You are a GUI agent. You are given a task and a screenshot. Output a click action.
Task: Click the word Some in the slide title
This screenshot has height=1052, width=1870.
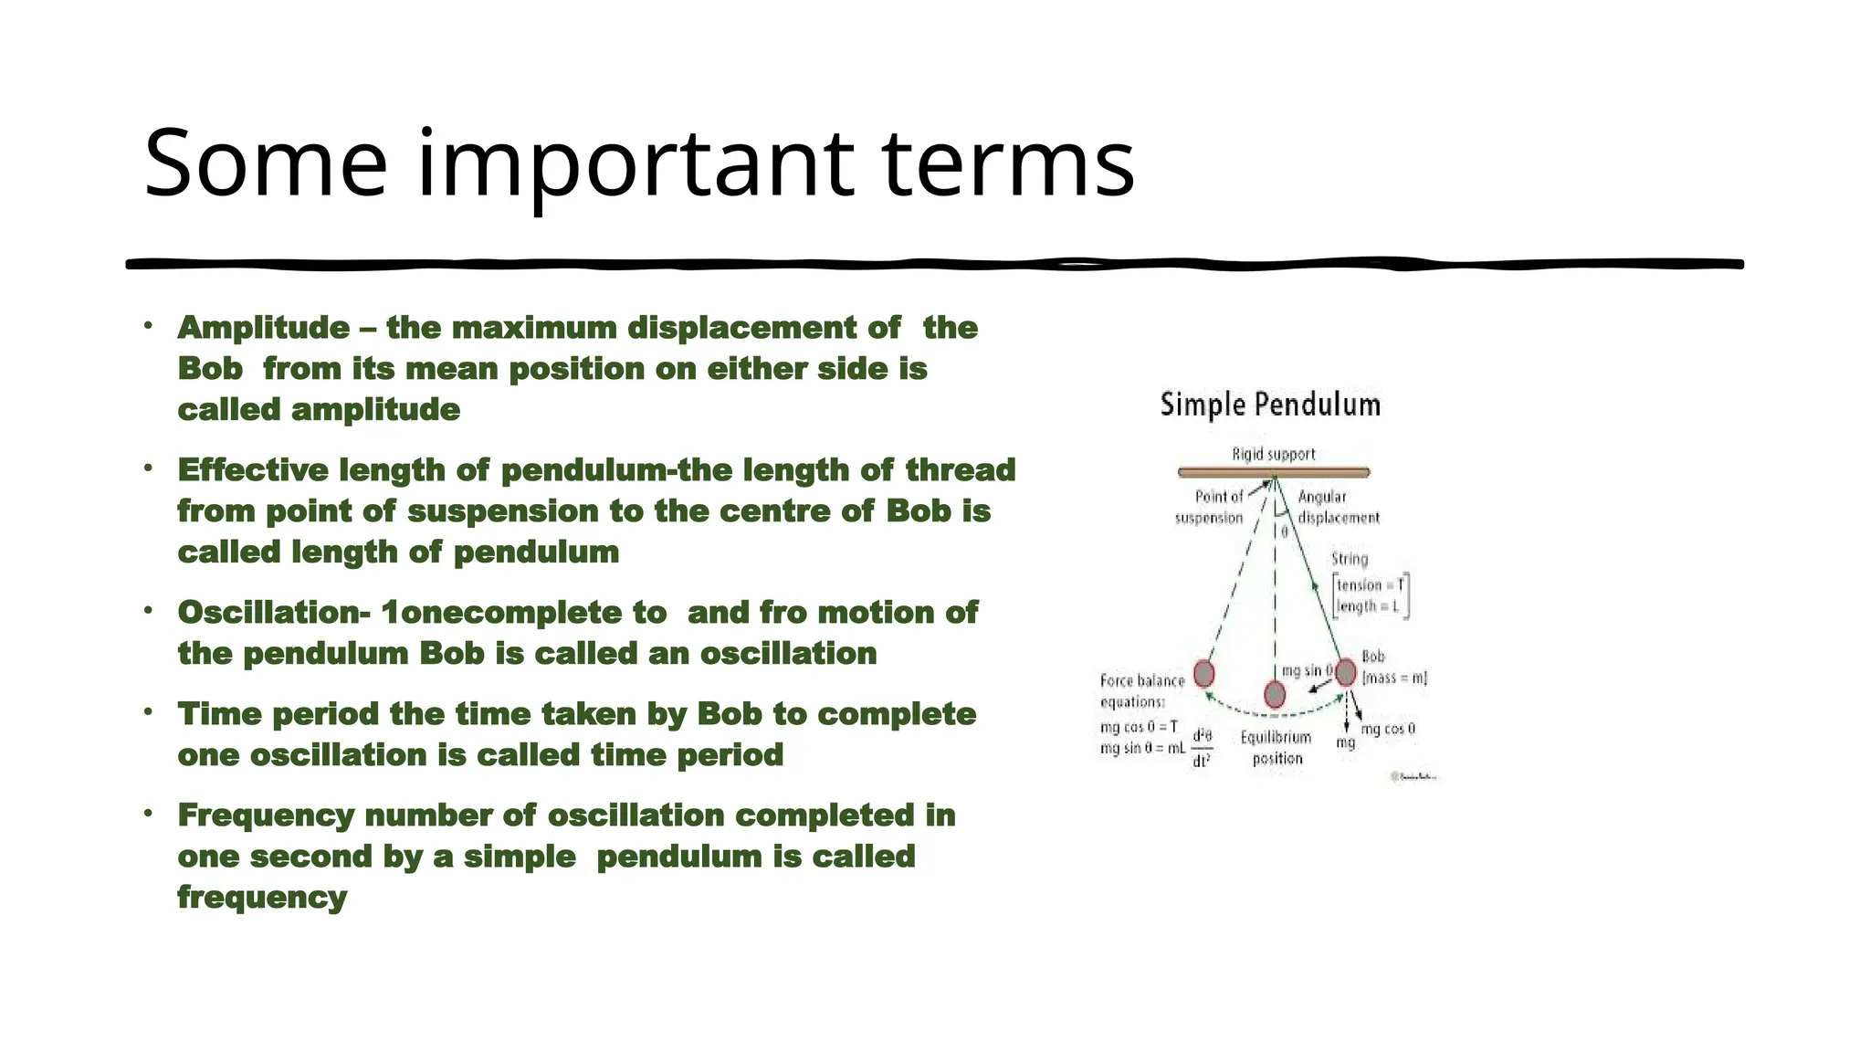[x=265, y=163]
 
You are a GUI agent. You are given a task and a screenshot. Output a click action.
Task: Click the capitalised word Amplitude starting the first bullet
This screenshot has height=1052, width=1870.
[x=264, y=327]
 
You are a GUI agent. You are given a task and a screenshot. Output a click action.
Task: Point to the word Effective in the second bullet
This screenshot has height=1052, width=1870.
[x=253, y=469]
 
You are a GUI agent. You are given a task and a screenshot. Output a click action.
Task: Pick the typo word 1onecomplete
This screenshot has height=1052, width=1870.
[x=524, y=612]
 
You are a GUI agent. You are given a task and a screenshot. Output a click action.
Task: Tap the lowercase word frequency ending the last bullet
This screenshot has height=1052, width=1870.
[x=262, y=897]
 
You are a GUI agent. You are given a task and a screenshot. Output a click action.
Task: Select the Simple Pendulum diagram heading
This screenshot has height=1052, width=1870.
[x=1270, y=405]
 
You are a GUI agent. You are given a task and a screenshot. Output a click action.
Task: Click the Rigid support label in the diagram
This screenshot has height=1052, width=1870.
[x=1274, y=454]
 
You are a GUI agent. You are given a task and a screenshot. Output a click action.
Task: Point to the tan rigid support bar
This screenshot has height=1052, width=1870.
[x=1274, y=472]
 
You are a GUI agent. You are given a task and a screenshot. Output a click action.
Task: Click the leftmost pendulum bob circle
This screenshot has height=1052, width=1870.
[x=1204, y=673]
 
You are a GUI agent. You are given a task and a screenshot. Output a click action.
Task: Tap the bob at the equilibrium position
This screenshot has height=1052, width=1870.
[x=1275, y=695]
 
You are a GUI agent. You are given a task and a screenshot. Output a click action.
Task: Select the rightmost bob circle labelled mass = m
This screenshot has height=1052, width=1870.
[x=1345, y=672]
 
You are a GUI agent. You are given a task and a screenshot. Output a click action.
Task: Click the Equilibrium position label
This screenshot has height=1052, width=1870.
[x=1276, y=748]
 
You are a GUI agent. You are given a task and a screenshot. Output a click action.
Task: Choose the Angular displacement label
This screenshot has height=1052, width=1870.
[x=1338, y=507]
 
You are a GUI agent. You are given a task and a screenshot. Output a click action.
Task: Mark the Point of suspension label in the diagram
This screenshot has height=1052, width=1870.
[x=1210, y=507]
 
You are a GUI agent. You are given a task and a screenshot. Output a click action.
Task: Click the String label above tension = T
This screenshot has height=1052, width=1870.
[x=1350, y=559]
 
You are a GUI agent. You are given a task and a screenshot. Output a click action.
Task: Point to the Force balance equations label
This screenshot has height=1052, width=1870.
[x=1140, y=690]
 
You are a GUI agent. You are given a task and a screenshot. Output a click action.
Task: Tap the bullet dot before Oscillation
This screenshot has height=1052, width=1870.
[x=148, y=610]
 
